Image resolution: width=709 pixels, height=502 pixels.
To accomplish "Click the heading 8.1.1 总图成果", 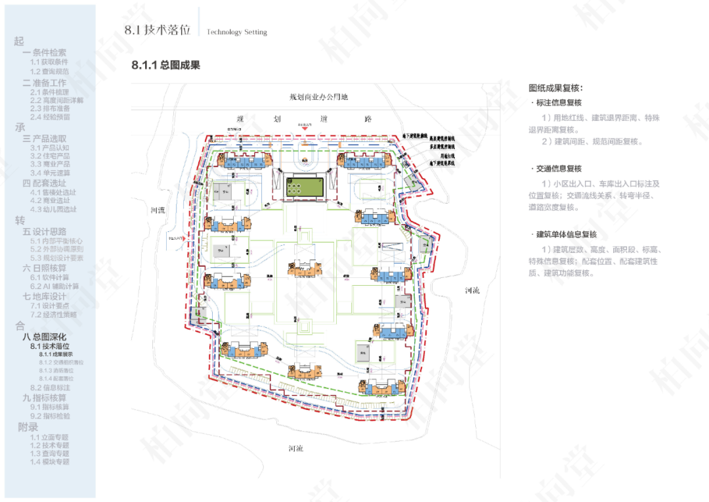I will [x=165, y=65].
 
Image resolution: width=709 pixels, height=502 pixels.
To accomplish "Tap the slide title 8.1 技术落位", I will [x=158, y=30].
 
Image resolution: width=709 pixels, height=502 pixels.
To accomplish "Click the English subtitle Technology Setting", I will [x=237, y=32].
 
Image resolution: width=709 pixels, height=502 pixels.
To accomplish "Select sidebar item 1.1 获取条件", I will [x=49, y=62].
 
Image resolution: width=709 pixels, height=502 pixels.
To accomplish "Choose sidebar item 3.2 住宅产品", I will [x=50, y=156].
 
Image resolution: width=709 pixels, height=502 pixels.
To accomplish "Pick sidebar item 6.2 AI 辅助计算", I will [x=54, y=286].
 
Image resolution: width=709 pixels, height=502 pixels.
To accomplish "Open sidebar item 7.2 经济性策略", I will [x=53, y=315].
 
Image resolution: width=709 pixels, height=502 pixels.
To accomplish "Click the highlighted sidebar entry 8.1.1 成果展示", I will [x=56, y=354].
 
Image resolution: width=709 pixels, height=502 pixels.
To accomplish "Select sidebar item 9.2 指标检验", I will [x=50, y=416].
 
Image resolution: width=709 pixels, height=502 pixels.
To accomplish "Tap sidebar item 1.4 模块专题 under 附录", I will [x=49, y=462].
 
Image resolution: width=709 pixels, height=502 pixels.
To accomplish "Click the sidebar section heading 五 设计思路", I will [x=45, y=232].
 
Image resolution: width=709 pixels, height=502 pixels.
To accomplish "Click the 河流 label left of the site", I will [x=158, y=210].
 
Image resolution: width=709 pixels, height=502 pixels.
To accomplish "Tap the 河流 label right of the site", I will [x=472, y=290].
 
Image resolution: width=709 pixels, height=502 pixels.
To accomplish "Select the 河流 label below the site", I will [x=296, y=448].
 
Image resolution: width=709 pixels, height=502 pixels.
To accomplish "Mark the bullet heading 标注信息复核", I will [x=558, y=103].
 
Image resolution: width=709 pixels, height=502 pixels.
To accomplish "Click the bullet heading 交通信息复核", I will [x=558, y=169].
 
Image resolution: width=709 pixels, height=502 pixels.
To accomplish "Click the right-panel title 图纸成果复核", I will [x=555, y=88].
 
